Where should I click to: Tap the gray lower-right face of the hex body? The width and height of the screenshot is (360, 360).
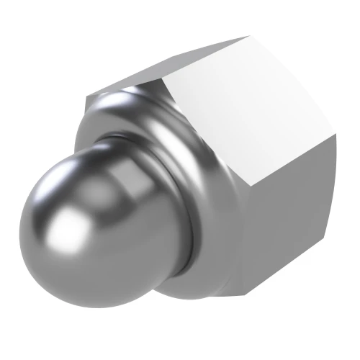click(x=281, y=230)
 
